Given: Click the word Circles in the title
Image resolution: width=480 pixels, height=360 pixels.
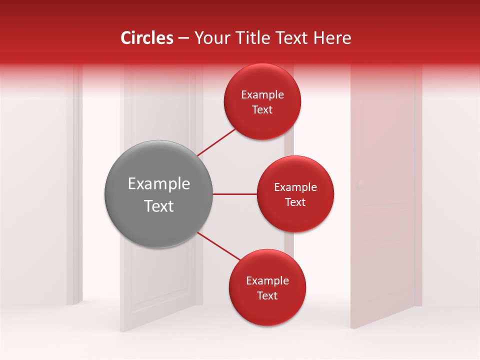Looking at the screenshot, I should click(x=147, y=38).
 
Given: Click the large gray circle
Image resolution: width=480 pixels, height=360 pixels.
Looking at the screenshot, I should click(x=159, y=194).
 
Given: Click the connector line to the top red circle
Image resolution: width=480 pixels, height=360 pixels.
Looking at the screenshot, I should click(x=217, y=142).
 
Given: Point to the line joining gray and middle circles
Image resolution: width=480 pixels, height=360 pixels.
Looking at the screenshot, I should click(x=235, y=194).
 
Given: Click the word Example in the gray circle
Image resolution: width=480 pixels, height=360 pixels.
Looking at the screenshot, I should click(x=159, y=184).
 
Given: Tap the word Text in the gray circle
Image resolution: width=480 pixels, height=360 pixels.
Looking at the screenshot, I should click(x=159, y=206).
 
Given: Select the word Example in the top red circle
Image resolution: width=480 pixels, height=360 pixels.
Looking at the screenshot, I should click(x=262, y=94).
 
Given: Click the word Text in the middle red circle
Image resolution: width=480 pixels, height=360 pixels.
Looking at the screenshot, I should click(x=295, y=202).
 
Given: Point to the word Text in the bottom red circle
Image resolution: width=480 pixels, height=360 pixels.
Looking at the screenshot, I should click(x=267, y=295).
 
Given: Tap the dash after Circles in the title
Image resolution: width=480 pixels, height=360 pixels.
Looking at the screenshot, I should click(x=183, y=38).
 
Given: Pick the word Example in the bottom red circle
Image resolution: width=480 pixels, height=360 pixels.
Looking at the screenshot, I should click(x=267, y=280).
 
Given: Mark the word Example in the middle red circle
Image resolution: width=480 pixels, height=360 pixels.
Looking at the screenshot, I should click(x=295, y=187).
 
